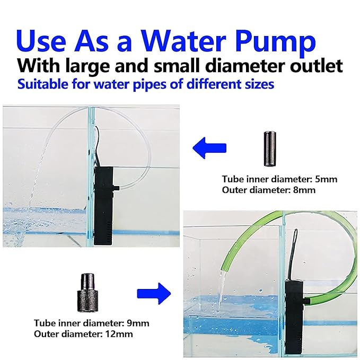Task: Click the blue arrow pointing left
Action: tap(209, 147)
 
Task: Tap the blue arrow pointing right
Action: tap(154, 293)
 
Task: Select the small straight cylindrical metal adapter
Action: tap(269, 148)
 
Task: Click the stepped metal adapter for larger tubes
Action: tap(87, 293)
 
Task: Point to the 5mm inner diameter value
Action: tap(326, 179)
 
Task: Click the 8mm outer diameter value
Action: tap(304, 190)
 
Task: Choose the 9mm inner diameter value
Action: tap(138, 323)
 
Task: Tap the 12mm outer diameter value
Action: tap(119, 334)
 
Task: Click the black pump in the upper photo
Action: tap(104, 206)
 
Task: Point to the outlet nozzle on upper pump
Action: tap(117, 188)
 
